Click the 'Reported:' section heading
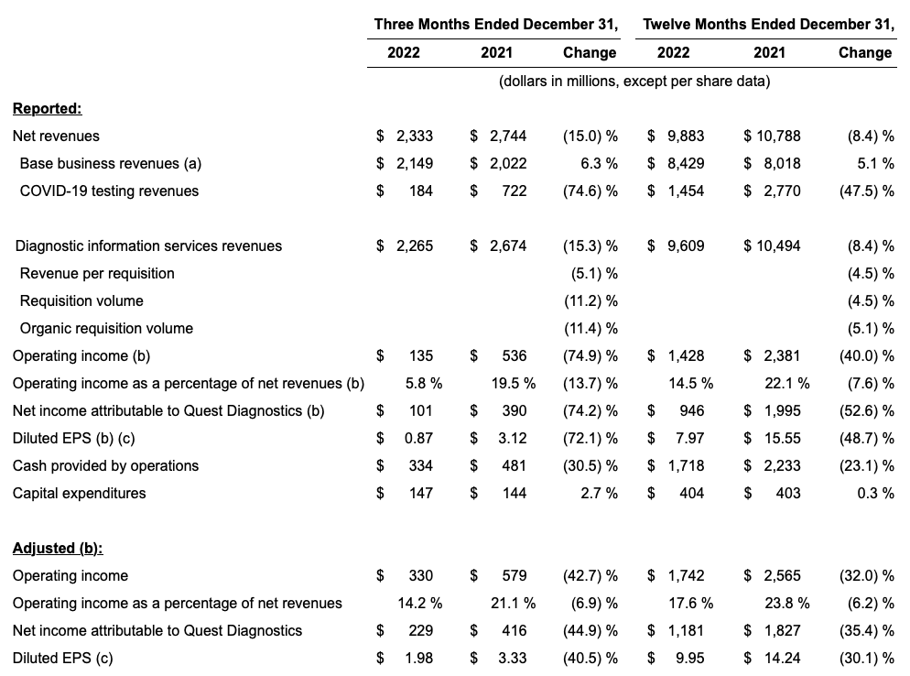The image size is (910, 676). tap(47, 109)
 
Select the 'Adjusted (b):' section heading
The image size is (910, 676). tap(58, 549)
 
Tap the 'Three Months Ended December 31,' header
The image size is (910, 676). tap(495, 25)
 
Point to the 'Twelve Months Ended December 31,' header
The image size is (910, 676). tap(768, 25)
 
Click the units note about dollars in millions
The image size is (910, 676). tap(634, 82)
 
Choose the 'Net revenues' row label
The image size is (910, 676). tap(56, 136)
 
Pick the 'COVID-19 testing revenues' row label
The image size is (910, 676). tap(109, 191)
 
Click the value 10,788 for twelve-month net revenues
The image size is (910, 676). tap(778, 136)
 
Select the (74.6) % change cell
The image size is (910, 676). tap(590, 191)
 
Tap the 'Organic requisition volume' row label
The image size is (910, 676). tap(106, 329)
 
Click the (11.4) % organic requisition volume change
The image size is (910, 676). tap(590, 329)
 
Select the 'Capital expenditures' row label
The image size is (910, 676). tap(79, 494)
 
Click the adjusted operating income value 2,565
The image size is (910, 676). tap(780, 576)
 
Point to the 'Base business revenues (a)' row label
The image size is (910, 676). tap(110, 164)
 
